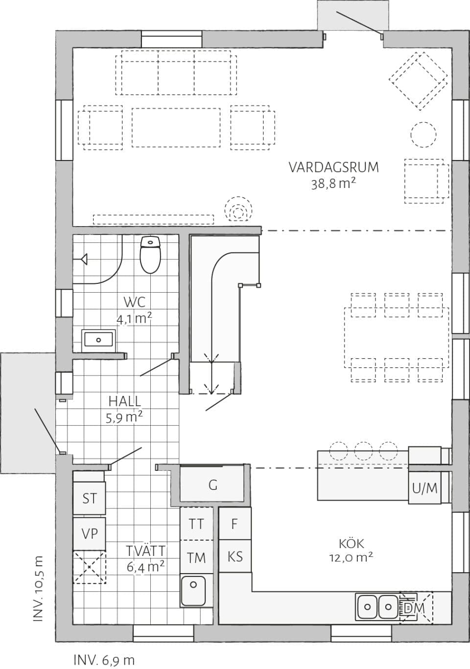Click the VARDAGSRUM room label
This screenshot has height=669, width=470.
coord(333,167)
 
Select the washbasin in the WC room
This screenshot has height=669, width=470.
coord(98,339)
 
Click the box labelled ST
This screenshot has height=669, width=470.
coord(90,499)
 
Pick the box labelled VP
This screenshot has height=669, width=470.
coord(90,533)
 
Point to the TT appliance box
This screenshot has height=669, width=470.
coord(196,524)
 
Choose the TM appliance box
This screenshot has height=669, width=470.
coord(196,557)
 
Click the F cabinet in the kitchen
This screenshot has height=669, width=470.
coord(235,524)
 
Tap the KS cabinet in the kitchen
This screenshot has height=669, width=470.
coord(235,556)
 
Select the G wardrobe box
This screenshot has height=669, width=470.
coord(212,485)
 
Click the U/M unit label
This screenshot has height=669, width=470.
coord(424,487)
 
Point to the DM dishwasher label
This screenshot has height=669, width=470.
coord(414,607)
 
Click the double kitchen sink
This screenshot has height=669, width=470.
coord(377,607)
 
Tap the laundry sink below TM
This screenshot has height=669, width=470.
coord(193,590)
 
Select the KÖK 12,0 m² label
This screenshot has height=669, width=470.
coord(351,550)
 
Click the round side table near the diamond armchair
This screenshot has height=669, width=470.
coord(423,134)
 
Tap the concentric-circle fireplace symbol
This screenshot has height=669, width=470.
coord(238,211)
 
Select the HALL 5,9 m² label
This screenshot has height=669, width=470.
coord(124,409)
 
